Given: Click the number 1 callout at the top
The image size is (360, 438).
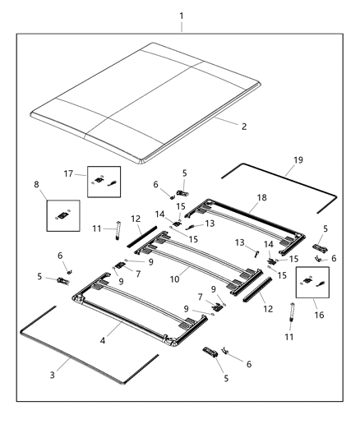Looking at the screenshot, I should (182, 15).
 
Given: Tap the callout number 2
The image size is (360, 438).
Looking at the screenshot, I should (243, 127).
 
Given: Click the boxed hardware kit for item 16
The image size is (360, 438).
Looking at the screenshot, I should (312, 282).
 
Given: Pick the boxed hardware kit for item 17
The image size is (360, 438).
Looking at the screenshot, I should (104, 180).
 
